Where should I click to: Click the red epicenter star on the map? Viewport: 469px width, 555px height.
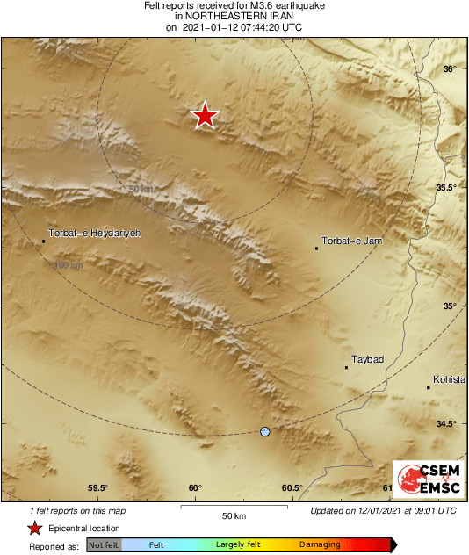click(x=205, y=115)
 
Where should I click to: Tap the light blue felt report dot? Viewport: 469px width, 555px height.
click(x=265, y=431)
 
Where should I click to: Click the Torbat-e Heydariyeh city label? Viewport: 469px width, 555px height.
click(x=93, y=234)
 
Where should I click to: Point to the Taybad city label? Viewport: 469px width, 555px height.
click(x=368, y=359)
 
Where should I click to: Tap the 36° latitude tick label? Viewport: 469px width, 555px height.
click(x=449, y=69)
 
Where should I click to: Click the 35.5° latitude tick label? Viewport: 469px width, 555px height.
click(x=446, y=188)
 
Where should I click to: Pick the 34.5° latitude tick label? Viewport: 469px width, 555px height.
click(x=446, y=424)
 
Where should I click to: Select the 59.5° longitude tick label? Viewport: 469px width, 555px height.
click(x=97, y=488)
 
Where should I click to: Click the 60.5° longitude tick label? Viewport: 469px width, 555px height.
click(x=292, y=488)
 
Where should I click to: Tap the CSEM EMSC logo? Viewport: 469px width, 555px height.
click(x=424, y=479)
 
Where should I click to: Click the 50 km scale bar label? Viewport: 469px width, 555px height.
click(x=233, y=515)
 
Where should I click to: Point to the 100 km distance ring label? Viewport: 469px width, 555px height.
click(x=68, y=264)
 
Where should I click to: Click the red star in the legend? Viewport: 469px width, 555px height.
click(x=35, y=528)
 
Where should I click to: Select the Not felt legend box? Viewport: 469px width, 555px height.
click(x=104, y=545)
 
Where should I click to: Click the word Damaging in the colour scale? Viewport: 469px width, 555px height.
click(x=320, y=545)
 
